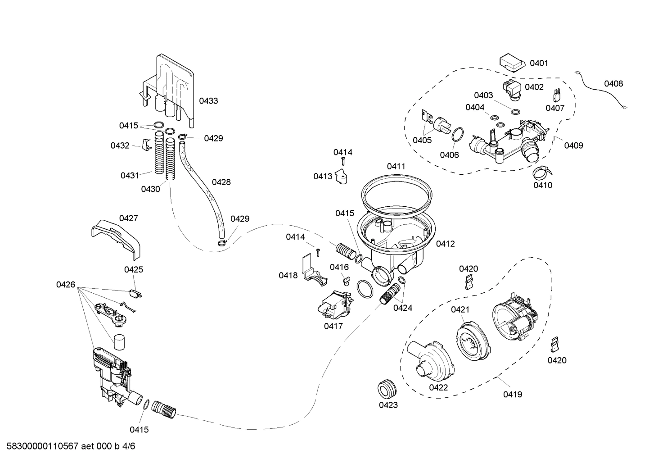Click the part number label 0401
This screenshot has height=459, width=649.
pyautogui.click(x=539, y=63)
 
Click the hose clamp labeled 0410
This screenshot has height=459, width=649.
pyautogui.click(x=542, y=172)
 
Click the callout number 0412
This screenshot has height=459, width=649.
pyautogui.click(x=445, y=244)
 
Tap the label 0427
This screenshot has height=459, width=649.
pyautogui.click(x=128, y=218)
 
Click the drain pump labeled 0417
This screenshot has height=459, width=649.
pyautogui.click(x=333, y=306)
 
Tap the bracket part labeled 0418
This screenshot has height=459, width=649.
pyautogui.click(x=313, y=273)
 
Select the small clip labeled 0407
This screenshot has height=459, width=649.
pyautogui.click(x=556, y=95)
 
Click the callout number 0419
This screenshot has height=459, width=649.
pyautogui.click(x=513, y=395)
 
